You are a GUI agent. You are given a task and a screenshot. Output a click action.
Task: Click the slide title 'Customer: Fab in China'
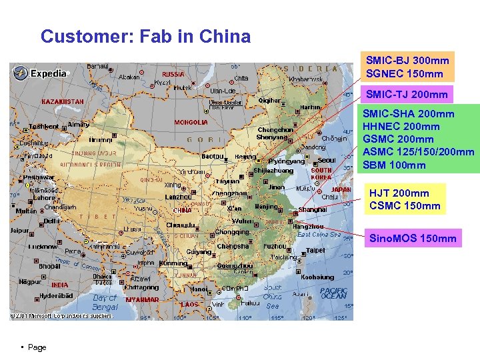145,36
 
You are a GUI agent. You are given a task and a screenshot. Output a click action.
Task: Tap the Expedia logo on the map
41,73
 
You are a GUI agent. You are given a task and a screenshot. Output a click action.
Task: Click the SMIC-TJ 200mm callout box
407,94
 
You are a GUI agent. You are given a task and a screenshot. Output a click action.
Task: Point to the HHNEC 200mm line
401,126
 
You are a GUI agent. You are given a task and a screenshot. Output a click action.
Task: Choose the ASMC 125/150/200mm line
418,152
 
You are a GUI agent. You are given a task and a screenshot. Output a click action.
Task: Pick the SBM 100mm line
393,165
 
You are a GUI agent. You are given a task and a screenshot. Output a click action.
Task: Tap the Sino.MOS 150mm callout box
413,238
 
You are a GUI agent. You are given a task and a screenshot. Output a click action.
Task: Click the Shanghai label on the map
313,209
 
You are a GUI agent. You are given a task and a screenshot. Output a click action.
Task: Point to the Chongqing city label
231,233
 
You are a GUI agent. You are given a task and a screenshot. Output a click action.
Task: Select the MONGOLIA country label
191,123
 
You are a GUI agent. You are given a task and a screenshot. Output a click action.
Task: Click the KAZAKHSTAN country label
63,101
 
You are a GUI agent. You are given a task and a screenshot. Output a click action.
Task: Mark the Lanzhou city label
179,197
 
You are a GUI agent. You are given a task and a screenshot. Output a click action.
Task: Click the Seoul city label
327,160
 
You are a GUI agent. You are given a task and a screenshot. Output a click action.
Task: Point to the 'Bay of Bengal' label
105,302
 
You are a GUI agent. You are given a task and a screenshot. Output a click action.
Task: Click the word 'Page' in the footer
37,347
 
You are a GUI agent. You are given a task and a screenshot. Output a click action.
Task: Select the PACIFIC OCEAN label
333,293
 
